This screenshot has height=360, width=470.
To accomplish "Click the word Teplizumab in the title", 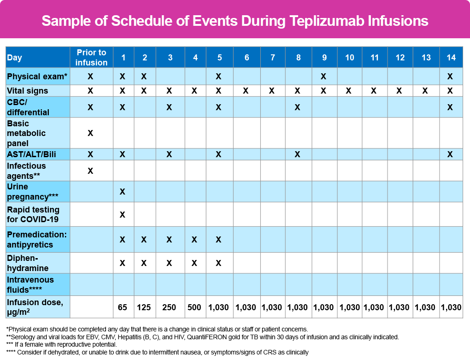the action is coord(326,21).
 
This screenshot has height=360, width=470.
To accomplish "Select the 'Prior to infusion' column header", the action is coord(91,57).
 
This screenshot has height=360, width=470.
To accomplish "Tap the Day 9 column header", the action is coord(324,58).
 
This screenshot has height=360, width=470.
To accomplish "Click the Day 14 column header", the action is coord(451,58).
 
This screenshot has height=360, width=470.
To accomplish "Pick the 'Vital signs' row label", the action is coord(27,91).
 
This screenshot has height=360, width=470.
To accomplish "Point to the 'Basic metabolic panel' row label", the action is coord(26,133).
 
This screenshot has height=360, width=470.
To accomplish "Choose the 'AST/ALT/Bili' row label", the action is coord(31,154).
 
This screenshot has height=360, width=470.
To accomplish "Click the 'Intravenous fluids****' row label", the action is coord(30,285).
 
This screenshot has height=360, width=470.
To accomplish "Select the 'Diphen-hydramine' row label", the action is coord(28,263).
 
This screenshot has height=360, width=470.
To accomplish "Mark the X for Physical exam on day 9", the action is coord(323,77).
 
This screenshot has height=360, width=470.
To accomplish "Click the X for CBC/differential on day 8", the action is coord(297,107).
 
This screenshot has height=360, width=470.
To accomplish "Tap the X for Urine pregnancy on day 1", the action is coord(122,192).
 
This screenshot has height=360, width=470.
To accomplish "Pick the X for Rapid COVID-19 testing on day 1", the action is coord(122,215).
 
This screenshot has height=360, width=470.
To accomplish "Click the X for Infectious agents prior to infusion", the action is coord(90,171).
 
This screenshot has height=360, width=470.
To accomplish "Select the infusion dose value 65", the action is coord(122,307).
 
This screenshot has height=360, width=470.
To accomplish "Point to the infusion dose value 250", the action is coord(169,307).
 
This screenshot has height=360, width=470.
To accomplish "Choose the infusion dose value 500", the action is coord(194,307).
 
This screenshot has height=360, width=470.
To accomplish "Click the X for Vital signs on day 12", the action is coord(399,91).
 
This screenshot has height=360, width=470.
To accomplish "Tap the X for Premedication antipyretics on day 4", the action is coord(194,240).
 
